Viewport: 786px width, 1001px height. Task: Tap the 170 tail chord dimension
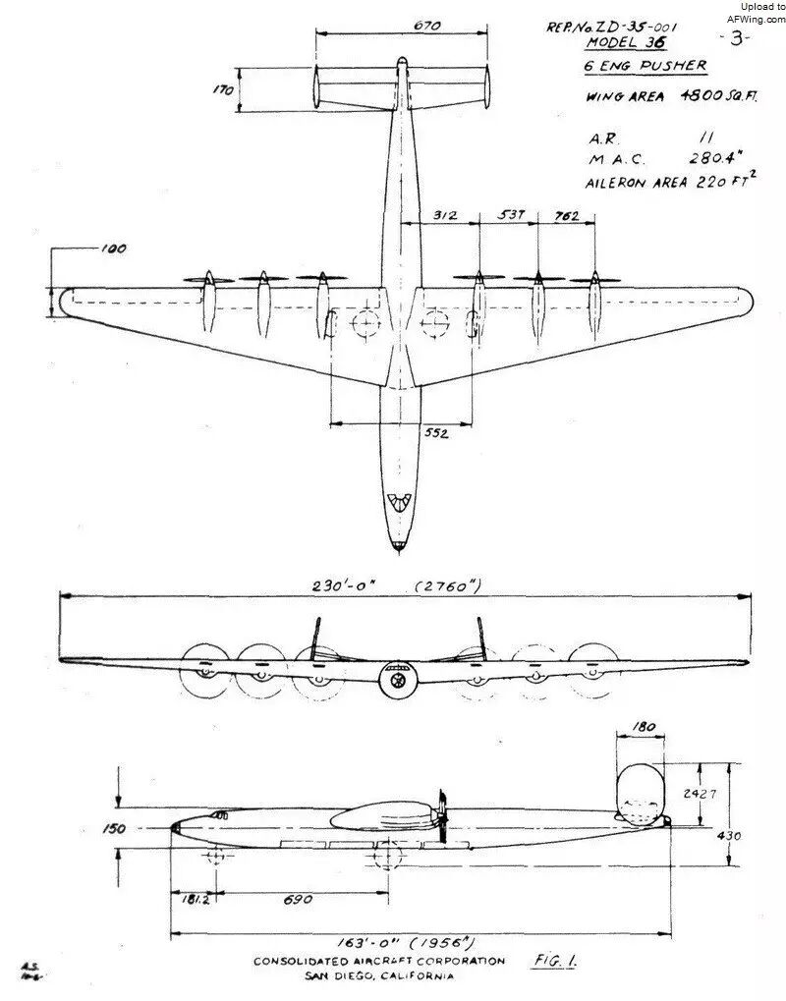[224, 90]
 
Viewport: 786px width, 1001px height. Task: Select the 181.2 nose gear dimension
[194, 900]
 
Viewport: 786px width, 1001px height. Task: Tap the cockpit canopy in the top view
[399, 504]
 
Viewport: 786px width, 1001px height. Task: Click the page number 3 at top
[736, 38]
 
